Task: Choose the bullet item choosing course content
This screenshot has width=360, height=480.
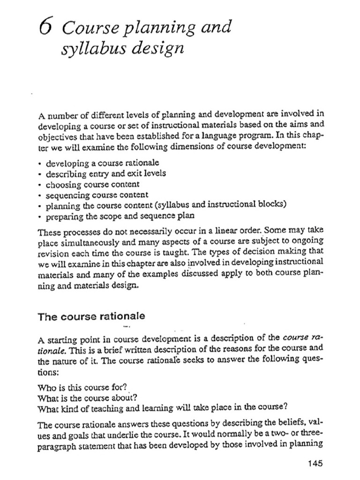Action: tap(92, 184)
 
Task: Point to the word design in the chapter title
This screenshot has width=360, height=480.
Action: tap(157, 48)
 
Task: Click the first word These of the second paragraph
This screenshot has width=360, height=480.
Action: tap(47, 231)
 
